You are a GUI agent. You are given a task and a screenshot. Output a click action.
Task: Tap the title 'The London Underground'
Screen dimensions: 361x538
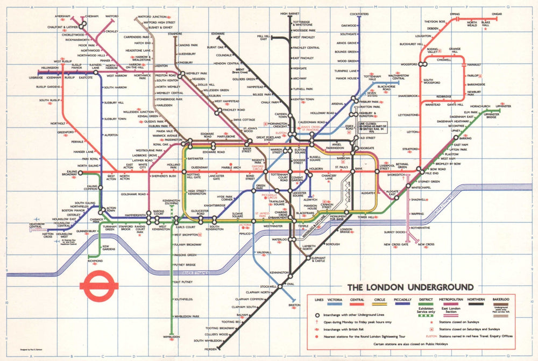(410, 287)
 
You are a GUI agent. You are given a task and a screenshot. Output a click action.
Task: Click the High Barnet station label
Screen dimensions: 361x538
(290, 13)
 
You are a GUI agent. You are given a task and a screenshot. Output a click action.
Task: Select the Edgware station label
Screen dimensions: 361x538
(218, 34)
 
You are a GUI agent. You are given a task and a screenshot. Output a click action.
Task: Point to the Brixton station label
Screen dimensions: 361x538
(294, 305)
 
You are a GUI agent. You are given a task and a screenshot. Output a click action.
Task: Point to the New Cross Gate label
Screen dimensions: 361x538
(394, 245)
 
